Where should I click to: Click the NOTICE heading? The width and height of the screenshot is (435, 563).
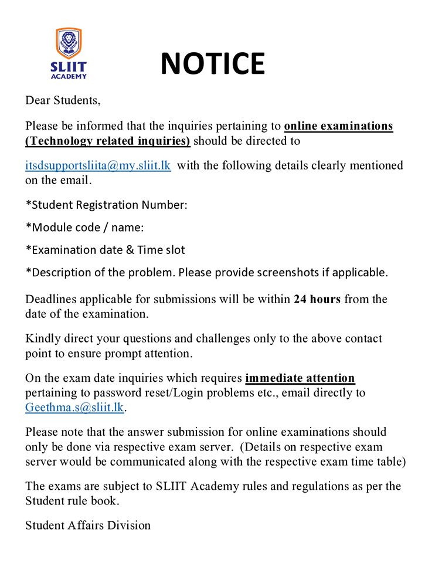coord(212,63)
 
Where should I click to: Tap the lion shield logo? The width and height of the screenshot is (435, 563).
coord(69,43)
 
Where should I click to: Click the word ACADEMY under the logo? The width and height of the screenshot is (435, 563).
coord(69,76)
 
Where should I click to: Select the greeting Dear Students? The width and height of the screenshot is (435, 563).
coord(63,100)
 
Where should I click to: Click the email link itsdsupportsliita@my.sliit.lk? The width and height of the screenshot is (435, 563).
coord(98,165)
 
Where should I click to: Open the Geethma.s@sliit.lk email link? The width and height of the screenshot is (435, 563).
coord(74,408)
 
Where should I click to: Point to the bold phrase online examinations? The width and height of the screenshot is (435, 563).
coord(338,126)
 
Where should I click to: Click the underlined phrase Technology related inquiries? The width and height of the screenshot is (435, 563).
coord(108,141)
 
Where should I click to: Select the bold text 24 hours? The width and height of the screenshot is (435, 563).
coord(317,299)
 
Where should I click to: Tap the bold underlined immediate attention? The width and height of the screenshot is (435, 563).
coord(300,378)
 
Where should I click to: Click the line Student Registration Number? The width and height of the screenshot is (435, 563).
coord(106,205)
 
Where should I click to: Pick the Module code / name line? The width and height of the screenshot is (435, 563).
coord(84,228)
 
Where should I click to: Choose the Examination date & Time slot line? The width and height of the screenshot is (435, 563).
coord(105,250)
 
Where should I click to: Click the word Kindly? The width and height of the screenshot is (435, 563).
coord(42,338)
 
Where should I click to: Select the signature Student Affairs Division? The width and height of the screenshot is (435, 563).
coord(88,525)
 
